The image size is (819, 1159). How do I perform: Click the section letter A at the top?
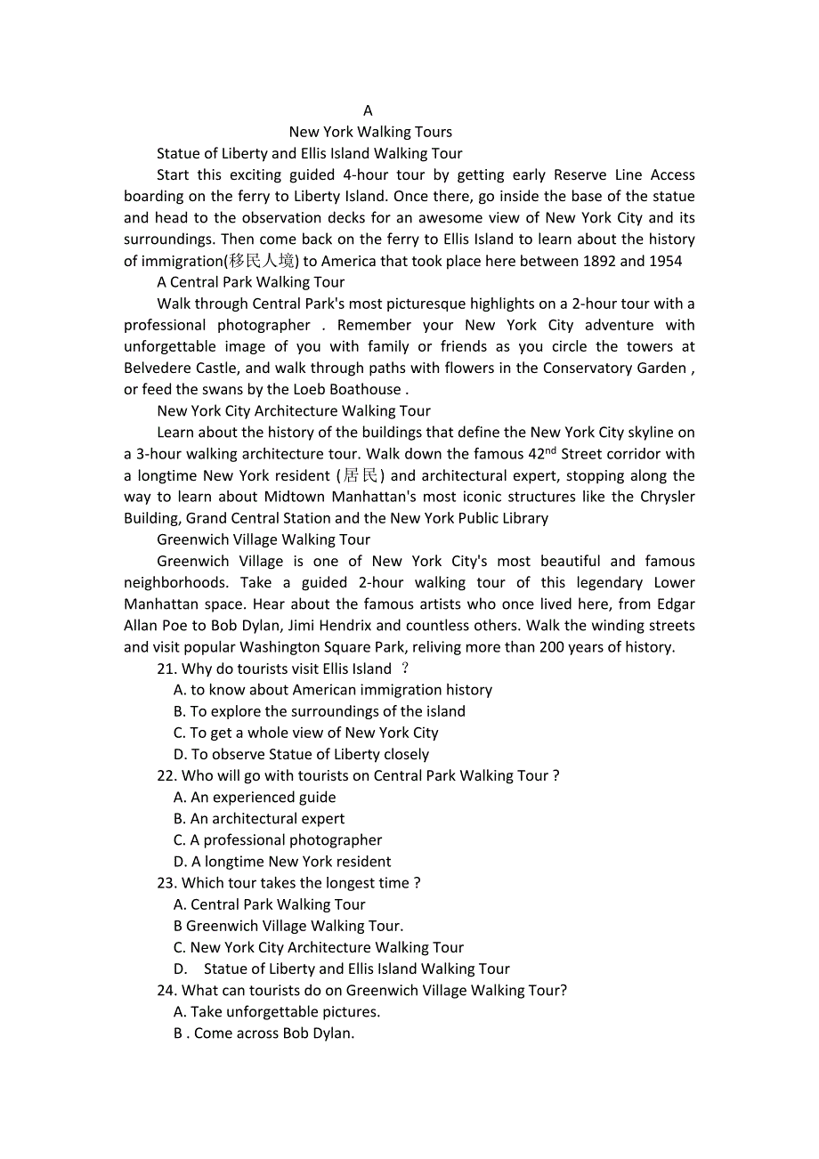pyautogui.click(x=368, y=110)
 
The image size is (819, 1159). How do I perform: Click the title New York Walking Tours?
pyautogui.click(x=370, y=132)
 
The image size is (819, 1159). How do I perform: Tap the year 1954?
pyautogui.click(x=663, y=261)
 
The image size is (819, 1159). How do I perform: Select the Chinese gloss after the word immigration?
pyautogui.click(x=261, y=261)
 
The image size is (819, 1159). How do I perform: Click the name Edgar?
pyautogui.click(x=676, y=604)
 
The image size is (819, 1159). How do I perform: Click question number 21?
pyautogui.click(x=166, y=669)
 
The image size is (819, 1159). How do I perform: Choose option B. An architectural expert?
pyautogui.click(x=259, y=818)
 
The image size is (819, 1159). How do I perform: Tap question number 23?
pyautogui.click(x=166, y=883)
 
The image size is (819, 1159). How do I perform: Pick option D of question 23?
pyautogui.click(x=342, y=969)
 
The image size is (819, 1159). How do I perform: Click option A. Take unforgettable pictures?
pyautogui.click(x=277, y=1011)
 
